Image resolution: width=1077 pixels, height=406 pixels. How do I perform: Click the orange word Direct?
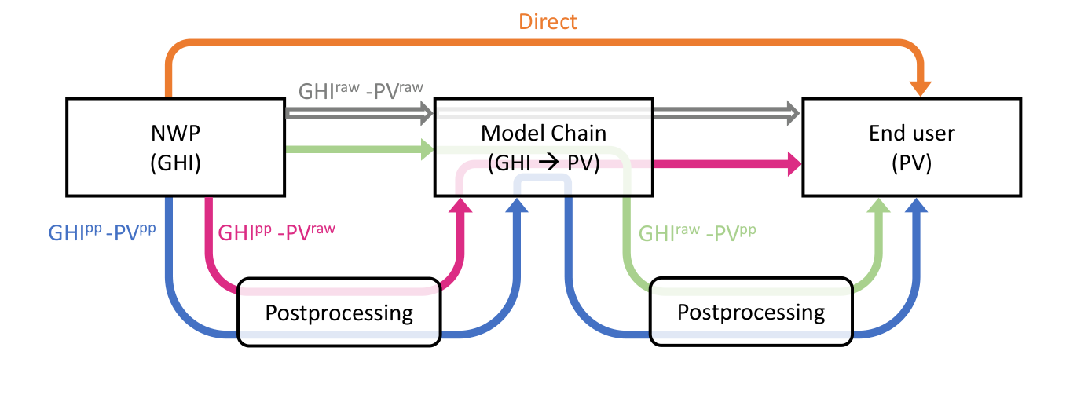(x=548, y=21)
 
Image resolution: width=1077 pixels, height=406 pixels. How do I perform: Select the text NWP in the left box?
(x=175, y=133)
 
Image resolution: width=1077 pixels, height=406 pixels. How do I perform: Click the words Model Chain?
(x=543, y=133)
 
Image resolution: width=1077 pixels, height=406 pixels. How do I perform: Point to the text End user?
(x=911, y=133)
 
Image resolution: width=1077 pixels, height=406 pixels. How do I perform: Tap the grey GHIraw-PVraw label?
(x=361, y=90)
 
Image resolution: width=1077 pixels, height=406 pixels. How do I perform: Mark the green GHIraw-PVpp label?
(x=698, y=233)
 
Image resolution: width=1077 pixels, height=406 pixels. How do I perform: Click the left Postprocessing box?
(x=339, y=313)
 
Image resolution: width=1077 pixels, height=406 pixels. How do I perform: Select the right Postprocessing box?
(x=751, y=313)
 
